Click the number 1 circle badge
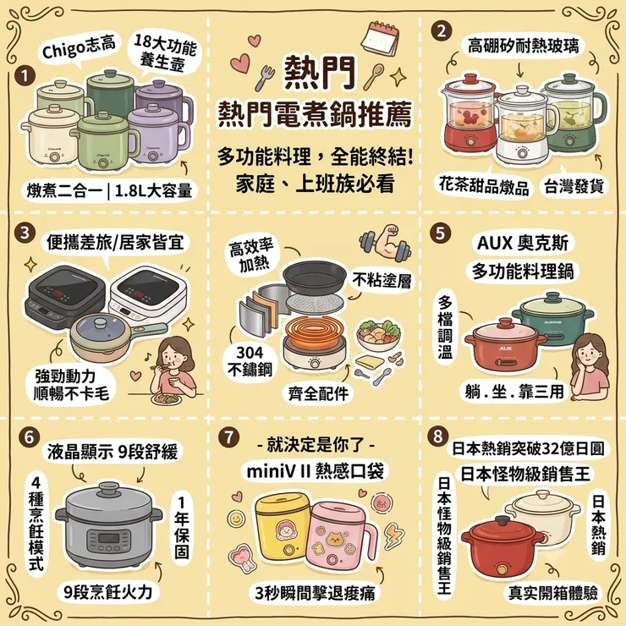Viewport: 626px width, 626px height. pos(25,76)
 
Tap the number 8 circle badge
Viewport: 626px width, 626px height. pos(438,436)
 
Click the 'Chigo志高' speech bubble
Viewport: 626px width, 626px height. pos(79,49)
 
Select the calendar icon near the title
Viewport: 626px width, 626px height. pos(380,38)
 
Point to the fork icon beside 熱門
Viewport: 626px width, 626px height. pos(264,78)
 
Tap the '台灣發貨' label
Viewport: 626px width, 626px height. pos(574,186)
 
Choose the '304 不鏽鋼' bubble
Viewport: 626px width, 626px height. pos(250,361)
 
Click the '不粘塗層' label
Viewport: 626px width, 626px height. pos(382,281)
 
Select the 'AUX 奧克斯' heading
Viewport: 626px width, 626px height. pos(522,243)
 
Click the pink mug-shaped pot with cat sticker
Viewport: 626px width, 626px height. pos(339,535)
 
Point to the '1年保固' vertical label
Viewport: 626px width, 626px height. pos(182,527)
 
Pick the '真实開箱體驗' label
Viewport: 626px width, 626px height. pos(552,593)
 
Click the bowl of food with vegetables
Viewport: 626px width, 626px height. pos(379,334)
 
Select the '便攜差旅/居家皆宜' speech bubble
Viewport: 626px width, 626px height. pos(115,243)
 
